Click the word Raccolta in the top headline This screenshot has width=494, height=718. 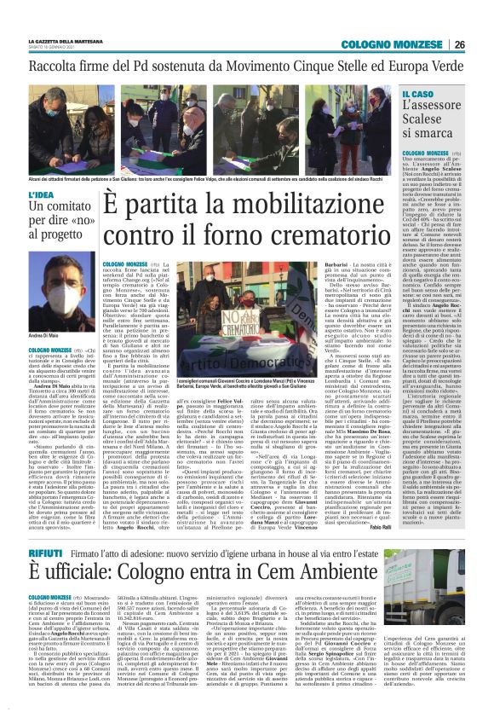point(60,67)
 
